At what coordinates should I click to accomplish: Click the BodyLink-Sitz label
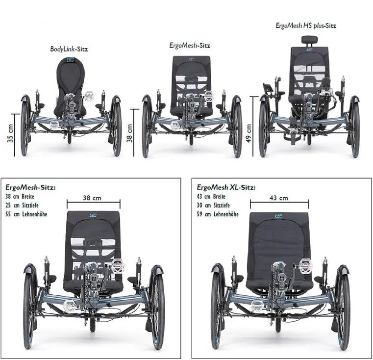point(69,49)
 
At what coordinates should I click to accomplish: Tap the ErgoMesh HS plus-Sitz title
point(306,26)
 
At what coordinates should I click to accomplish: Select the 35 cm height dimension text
point(11,133)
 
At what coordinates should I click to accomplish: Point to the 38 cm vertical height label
point(130,133)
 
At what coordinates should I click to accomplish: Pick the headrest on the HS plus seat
point(309,40)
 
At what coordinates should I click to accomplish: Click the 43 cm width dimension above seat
point(279,198)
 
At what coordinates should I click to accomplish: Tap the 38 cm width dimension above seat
point(93,198)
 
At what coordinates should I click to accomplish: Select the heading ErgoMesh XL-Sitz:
point(226,187)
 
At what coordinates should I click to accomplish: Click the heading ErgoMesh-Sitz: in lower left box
point(30,187)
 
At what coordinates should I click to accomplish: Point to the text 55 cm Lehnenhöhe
point(26,214)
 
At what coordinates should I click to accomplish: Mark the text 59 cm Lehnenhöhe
point(218,214)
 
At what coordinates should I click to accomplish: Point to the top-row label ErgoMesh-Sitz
point(190,45)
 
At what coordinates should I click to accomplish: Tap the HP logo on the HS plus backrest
point(309,50)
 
